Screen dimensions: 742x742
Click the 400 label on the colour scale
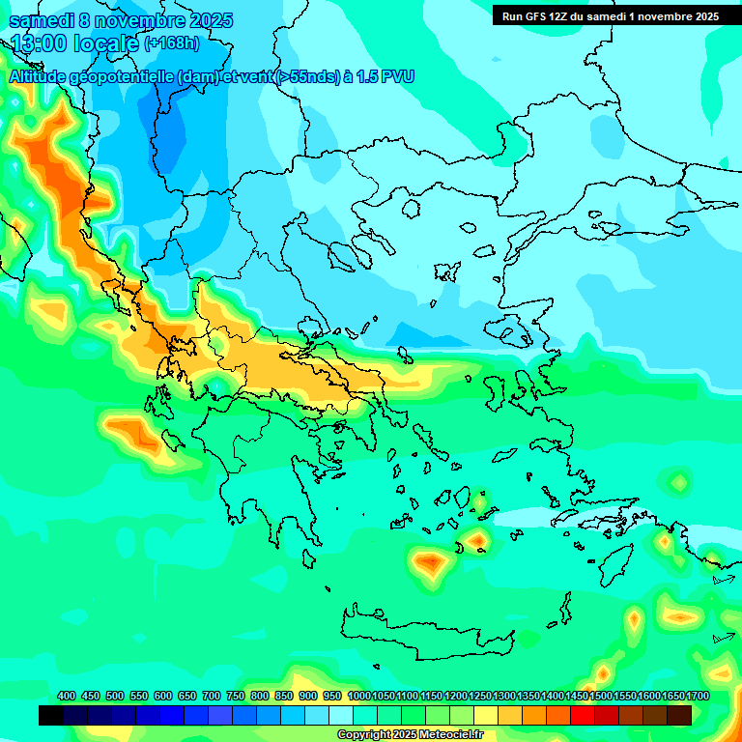tap(67, 696)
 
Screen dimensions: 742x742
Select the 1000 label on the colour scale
tap(358, 696)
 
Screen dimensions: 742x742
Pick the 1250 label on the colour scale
tap(480, 696)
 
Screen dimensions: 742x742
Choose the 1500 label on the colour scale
tap(601, 696)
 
